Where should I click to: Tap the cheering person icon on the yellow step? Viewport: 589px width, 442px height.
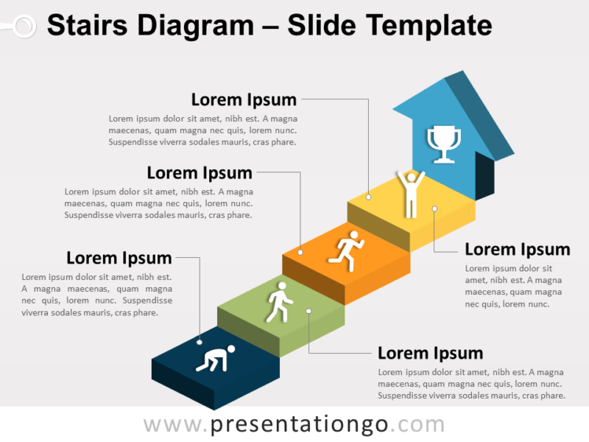coord(410,194)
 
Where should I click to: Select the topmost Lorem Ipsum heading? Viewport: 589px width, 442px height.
coord(244,99)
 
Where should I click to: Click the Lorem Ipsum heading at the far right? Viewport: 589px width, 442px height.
coord(517,249)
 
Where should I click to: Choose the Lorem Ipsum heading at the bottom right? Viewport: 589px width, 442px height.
coord(430,353)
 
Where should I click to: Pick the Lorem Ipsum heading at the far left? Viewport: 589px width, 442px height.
coord(119,258)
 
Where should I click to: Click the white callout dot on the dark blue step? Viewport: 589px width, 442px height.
coord(200,341)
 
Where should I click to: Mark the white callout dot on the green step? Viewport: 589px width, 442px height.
coord(309,311)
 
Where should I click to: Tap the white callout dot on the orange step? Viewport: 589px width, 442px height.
coord(300,253)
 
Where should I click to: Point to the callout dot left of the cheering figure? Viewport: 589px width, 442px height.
coord(368,197)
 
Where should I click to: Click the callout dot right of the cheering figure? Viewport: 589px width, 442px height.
coord(434,208)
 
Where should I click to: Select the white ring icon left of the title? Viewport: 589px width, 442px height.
coord(24,27)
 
